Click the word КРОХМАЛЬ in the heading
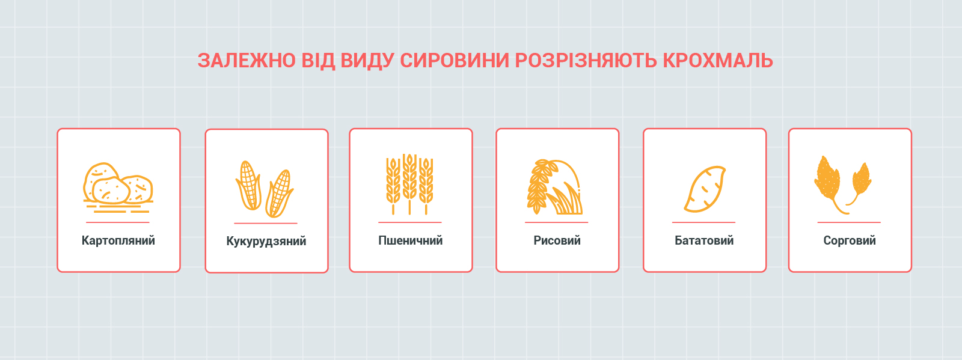(718, 61)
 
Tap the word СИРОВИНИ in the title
(455, 61)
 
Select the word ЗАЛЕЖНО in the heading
(247, 61)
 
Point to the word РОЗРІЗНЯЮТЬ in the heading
(586, 61)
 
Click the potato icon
(118, 187)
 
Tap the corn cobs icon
(265, 189)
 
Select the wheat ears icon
(409, 184)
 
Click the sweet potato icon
(704, 189)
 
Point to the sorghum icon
(842, 185)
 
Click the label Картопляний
(118, 240)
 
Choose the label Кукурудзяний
(266, 241)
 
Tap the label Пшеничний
(410, 240)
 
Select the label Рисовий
(557, 240)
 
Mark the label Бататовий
(704, 240)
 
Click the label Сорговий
(850, 240)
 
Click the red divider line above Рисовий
(556, 222)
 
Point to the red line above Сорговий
(849, 222)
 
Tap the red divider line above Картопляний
(118, 222)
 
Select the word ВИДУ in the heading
(367, 61)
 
